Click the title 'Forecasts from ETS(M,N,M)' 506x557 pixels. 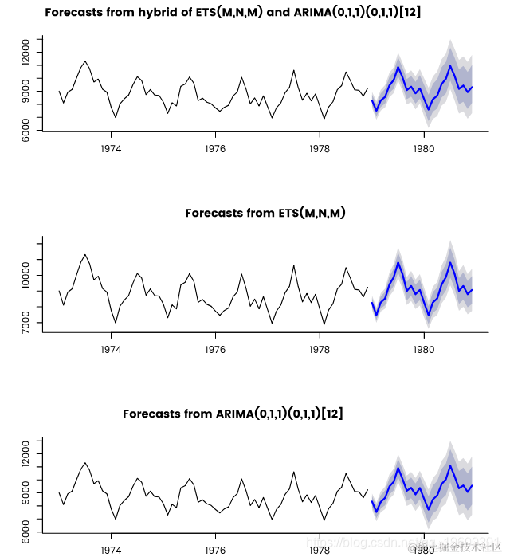click(x=265, y=213)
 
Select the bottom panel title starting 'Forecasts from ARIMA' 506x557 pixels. click(x=233, y=414)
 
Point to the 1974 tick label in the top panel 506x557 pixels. click(x=111, y=148)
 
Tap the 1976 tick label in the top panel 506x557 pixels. click(x=215, y=148)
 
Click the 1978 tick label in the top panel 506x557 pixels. click(x=320, y=148)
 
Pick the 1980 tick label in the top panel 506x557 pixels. click(x=424, y=148)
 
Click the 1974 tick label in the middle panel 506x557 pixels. click(x=111, y=348)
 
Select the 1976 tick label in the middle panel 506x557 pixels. click(x=215, y=348)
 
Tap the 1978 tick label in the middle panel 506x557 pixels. click(x=320, y=348)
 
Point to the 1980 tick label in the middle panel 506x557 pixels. click(x=424, y=348)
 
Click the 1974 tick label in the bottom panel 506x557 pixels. click(x=111, y=549)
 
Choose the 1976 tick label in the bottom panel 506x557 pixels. click(x=215, y=549)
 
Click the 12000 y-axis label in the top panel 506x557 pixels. click(x=27, y=54)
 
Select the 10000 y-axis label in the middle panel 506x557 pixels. click(x=27, y=275)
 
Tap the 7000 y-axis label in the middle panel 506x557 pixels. click(x=27, y=323)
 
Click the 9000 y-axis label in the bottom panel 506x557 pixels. click(x=27, y=494)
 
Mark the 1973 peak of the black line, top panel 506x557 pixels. click(x=84, y=61)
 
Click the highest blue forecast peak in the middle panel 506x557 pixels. click(x=398, y=262)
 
